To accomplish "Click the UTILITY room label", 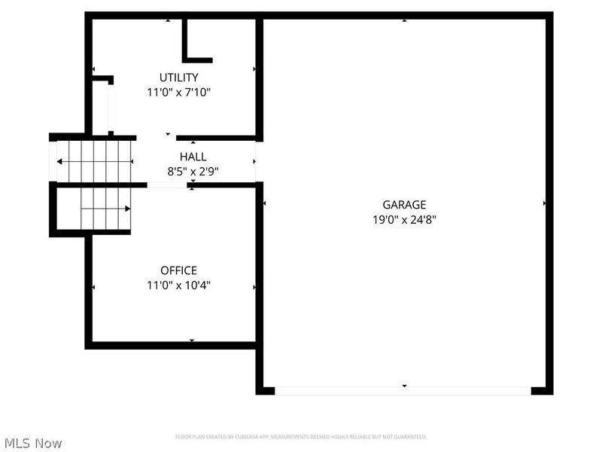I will tap(178, 77).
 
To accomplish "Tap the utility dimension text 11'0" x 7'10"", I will tap(178, 93).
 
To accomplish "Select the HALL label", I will tap(193, 157).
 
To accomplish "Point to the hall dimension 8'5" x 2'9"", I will tap(193, 171).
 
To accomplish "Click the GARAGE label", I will tap(404, 204).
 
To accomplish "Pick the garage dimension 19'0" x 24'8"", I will tap(404, 220).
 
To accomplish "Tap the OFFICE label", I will tap(178, 270).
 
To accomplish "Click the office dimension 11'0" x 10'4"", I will tap(178, 286).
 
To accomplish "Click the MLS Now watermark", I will tap(32, 443).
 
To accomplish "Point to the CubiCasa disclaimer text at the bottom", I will tap(301, 436).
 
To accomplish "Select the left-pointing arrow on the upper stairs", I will tap(61, 162).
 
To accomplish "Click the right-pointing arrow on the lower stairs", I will tap(128, 209).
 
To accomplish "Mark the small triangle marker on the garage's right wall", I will tap(543, 203).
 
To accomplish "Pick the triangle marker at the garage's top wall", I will tap(404, 20).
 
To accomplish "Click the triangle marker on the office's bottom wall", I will tap(193, 341).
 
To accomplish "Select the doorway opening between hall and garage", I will tap(258, 161).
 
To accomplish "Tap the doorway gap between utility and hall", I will tap(156, 138).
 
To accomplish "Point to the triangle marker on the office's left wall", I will tap(93, 287).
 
